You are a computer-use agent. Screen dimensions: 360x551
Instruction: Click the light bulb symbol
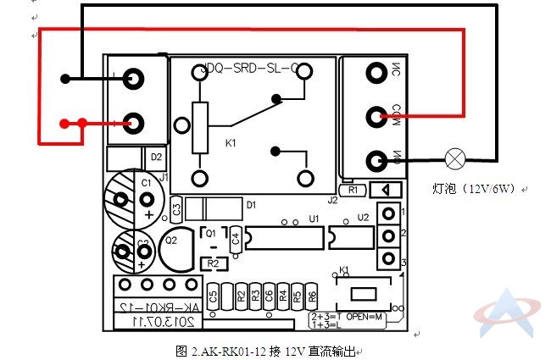456,158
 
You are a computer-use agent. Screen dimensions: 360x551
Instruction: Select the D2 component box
156,157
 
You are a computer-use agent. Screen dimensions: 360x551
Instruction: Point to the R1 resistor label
353,190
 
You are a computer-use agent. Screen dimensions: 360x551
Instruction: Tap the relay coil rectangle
200,128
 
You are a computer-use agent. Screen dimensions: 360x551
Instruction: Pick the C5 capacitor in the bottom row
213,296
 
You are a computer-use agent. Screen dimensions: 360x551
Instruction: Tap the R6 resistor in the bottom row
312,296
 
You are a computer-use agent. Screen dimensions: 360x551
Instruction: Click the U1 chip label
314,219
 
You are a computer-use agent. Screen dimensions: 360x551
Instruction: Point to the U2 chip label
363,218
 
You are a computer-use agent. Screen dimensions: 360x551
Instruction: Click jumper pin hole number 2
388,235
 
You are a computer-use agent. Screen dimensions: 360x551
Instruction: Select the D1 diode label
252,204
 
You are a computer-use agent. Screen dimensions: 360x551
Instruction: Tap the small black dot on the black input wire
64,80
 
